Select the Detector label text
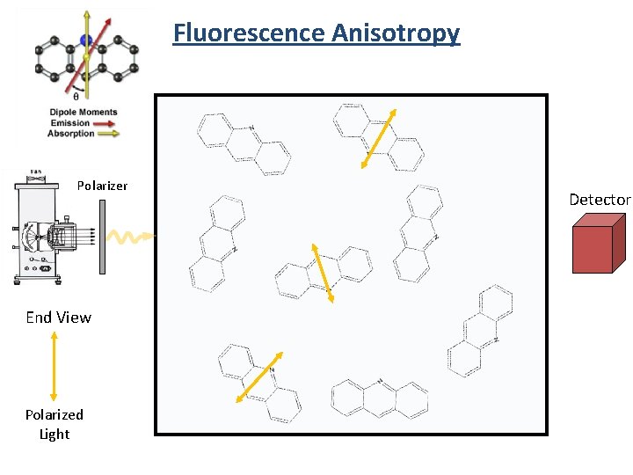(600, 200)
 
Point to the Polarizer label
(102, 186)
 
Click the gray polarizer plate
(103, 236)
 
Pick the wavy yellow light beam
(129, 237)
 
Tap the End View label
(58, 318)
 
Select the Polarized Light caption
(55, 424)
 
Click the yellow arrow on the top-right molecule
(381, 137)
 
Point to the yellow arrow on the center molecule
(320, 273)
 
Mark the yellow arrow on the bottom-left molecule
(258, 377)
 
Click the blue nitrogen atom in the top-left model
(85, 40)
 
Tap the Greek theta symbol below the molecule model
(76, 98)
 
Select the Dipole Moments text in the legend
(84, 113)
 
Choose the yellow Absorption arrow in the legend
(108, 134)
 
